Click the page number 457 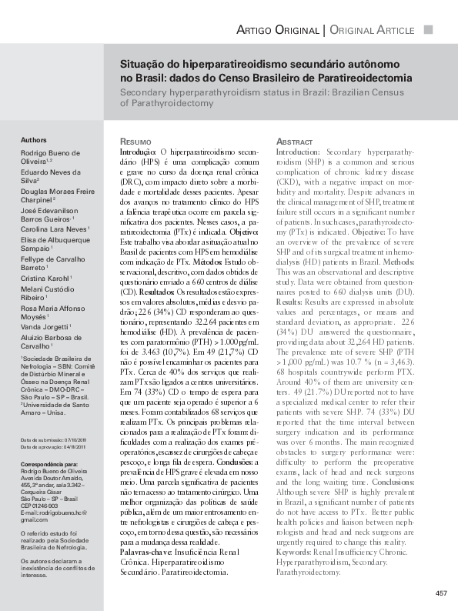(441, 593)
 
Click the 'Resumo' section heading (137, 143)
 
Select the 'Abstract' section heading (294, 143)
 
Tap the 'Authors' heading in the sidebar (33, 141)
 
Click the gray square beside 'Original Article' (429, 29)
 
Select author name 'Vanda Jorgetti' (44, 326)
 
